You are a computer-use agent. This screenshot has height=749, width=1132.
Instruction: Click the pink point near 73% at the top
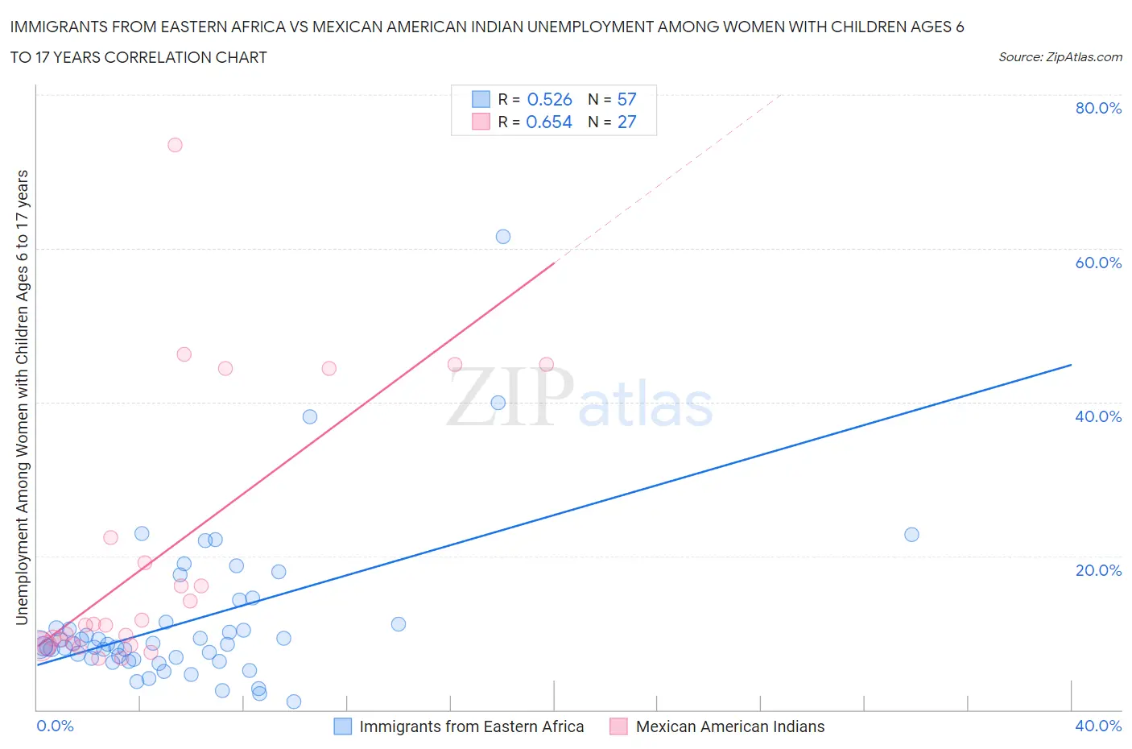pos(175,145)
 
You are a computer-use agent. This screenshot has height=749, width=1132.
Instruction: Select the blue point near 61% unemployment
pos(503,237)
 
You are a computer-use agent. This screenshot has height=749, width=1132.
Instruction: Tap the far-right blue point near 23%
pos(911,535)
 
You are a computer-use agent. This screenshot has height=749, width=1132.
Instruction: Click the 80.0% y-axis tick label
pos(1098,109)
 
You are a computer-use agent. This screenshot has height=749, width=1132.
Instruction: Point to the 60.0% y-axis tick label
pos(1098,263)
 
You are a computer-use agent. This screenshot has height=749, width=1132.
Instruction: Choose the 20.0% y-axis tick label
pos(1098,571)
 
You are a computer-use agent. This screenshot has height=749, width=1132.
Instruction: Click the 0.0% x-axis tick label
pos(55,726)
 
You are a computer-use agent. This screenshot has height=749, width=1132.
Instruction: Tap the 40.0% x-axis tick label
pos(1098,726)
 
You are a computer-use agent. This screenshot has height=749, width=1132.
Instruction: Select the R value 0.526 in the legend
pos(549,100)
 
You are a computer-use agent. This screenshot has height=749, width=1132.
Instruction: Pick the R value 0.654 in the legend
pos(549,122)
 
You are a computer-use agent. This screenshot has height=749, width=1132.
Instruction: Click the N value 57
pos(626,100)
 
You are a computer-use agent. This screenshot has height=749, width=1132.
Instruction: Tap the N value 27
pos(626,122)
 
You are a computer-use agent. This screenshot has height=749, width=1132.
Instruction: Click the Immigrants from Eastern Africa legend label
pos(471,727)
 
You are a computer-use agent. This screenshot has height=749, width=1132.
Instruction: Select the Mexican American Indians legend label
pos(730,727)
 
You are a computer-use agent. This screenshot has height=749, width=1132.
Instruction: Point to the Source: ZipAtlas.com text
pos(1060,57)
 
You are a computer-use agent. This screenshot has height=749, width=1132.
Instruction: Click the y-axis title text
pos(23,398)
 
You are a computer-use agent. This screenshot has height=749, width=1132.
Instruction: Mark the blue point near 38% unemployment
pos(310,417)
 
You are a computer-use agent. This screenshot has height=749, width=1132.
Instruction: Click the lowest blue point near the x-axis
pos(294,701)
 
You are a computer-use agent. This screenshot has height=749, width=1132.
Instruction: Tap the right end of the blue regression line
pos(1071,365)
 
